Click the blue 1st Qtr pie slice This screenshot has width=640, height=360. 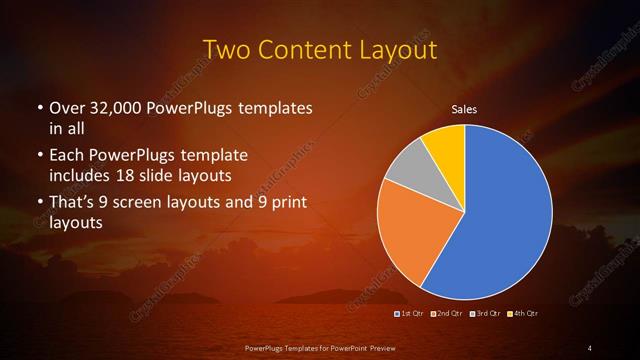(x=500, y=220)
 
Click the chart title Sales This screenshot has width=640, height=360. (x=464, y=109)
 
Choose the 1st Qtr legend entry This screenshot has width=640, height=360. (x=413, y=314)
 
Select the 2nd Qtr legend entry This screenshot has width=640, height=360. (x=449, y=314)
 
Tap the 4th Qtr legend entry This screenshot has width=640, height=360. (x=525, y=314)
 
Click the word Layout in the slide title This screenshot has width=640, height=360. (x=400, y=49)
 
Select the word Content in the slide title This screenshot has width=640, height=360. (x=306, y=49)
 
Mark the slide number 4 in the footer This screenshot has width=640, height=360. (x=590, y=347)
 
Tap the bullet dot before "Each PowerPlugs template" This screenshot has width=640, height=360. (x=39, y=157)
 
